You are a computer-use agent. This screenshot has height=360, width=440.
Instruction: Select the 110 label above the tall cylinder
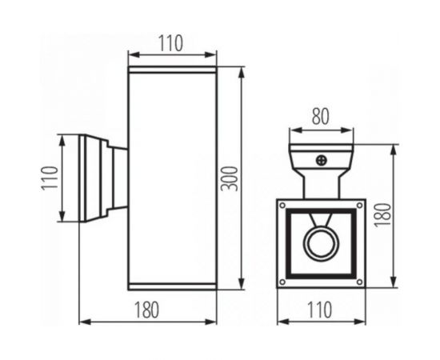click(x=171, y=45)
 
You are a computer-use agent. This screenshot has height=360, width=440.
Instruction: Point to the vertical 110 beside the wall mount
click(x=49, y=178)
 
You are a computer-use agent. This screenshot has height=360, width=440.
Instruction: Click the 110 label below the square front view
click(x=320, y=308)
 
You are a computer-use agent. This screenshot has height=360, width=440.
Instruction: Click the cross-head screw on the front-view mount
click(x=322, y=161)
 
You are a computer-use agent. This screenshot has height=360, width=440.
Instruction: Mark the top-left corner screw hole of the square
click(x=282, y=206)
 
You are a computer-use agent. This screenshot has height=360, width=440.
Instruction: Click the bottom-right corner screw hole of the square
click(x=359, y=282)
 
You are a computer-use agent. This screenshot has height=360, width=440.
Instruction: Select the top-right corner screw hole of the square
click(x=359, y=206)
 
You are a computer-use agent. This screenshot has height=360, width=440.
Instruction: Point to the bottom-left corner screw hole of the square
click(x=282, y=282)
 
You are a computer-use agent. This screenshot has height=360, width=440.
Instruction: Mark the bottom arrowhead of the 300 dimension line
click(x=241, y=286)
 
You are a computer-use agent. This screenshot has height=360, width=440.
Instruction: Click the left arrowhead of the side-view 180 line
click(x=84, y=322)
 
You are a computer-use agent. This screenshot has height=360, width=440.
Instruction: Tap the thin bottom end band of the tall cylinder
click(x=173, y=286)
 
